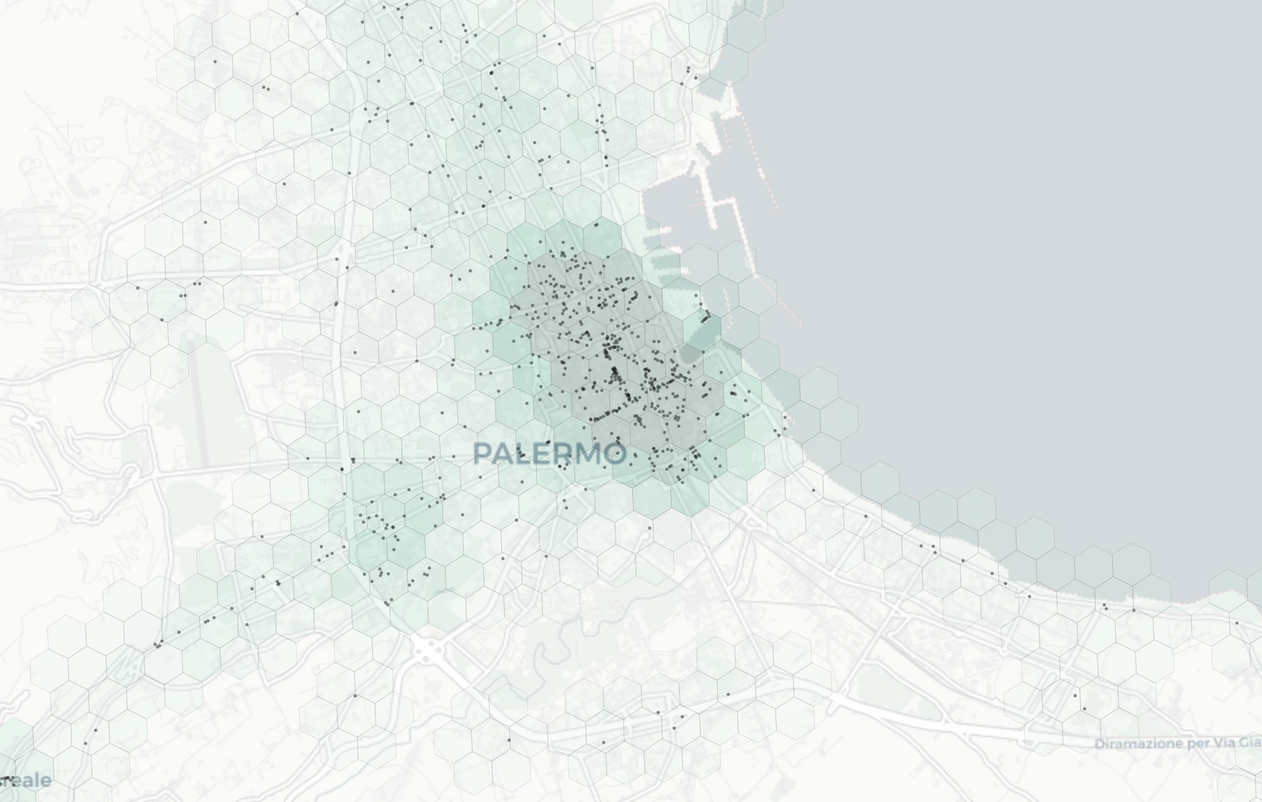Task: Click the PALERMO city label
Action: (549, 454)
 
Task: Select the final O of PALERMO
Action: (614, 454)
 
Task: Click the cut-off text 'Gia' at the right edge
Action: (1251, 743)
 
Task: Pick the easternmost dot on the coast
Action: (1237, 623)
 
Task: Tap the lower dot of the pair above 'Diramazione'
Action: (1084, 708)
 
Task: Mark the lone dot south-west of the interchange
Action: (355, 696)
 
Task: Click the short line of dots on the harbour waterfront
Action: (705, 317)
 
